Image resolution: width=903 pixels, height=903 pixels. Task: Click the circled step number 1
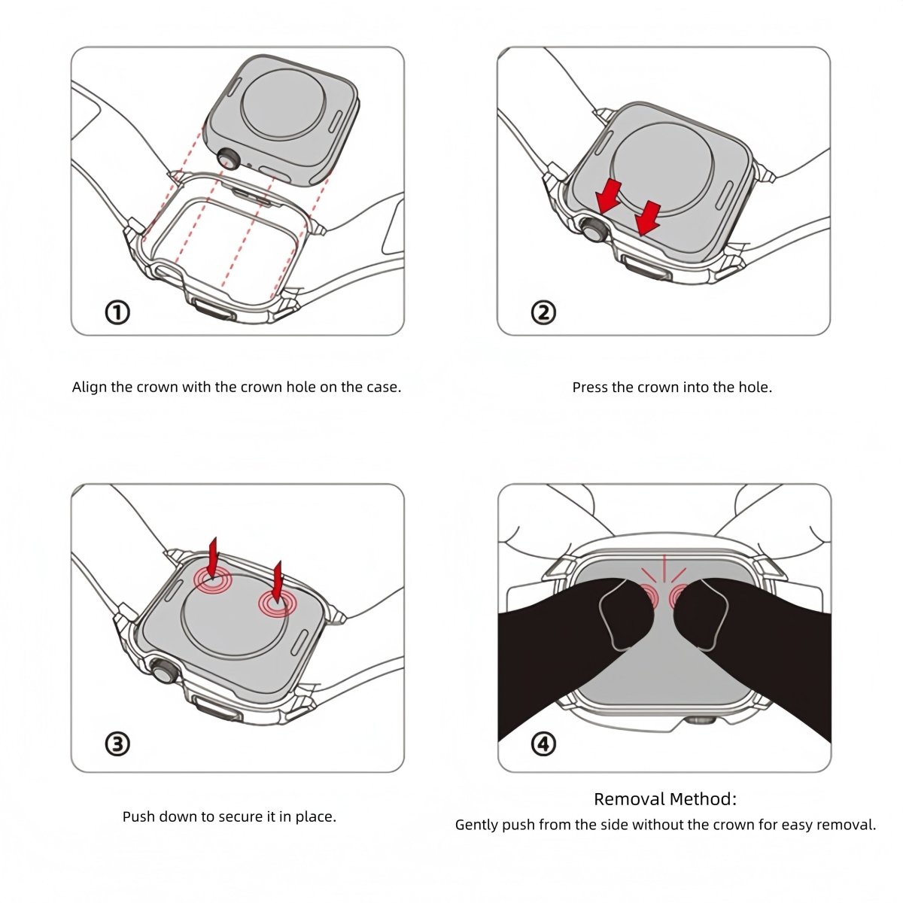(117, 312)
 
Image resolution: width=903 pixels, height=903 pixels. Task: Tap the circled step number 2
(543, 312)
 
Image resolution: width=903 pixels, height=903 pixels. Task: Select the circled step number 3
(117, 744)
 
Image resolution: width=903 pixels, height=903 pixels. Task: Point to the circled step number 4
(543, 744)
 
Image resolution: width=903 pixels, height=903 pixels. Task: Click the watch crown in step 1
(228, 159)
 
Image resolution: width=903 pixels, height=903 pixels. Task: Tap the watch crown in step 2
(591, 229)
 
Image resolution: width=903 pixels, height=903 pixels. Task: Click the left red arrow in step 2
(608, 196)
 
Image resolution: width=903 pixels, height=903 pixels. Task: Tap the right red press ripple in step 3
(277, 602)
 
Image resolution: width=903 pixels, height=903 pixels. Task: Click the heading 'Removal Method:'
(665, 799)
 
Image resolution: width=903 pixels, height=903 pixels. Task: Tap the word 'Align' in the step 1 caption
(90, 388)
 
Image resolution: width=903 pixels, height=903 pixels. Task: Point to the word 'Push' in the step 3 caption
(138, 816)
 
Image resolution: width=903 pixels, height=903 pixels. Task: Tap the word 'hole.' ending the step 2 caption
(755, 388)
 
